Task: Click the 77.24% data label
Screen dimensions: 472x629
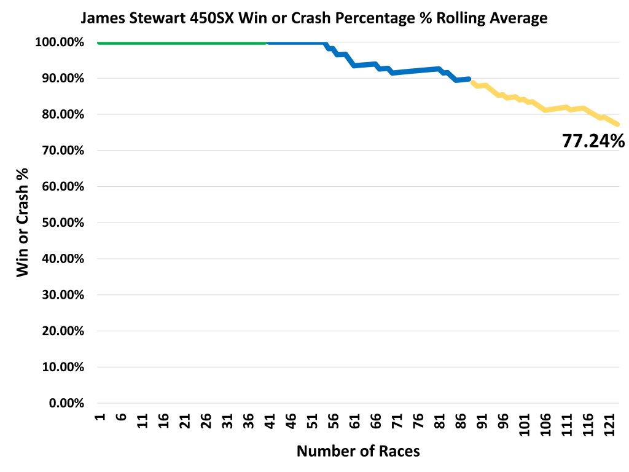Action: point(593,141)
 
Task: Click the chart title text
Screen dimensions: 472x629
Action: point(314,18)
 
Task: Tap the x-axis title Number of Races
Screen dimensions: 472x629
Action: point(358,451)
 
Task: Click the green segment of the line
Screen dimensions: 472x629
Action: point(184,43)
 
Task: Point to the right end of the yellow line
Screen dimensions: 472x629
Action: point(617,124)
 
